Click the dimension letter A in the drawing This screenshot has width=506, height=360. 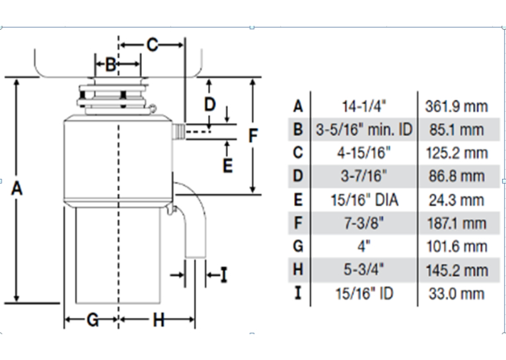17,188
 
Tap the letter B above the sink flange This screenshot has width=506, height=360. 111,65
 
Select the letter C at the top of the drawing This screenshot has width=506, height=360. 153,45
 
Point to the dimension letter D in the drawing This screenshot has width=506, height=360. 210,104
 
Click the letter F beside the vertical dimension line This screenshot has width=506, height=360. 253,135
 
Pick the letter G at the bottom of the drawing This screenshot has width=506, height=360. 92,320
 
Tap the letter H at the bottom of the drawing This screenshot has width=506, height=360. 159,320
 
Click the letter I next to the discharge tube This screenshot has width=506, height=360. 224,275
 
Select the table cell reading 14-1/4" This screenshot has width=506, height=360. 364,106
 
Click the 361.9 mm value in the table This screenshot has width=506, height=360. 456,106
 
